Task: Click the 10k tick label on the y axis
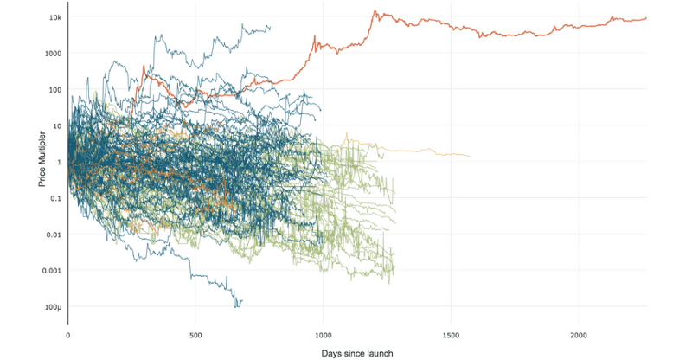(54, 17)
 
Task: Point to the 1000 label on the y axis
(52, 54)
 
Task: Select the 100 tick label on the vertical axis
(54, 90)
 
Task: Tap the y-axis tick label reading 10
(56, 126)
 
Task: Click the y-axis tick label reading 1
(59, 162)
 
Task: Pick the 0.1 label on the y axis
(54, 198)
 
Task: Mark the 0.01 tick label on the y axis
(53, 235)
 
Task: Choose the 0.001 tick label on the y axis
(50, 271)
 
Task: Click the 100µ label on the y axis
(51, 307)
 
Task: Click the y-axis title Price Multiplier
(42, 162)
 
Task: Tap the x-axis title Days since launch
(357, 352)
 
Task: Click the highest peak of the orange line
(375, 11)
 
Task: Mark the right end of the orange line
(646, 18)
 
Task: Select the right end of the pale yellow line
(469, 156)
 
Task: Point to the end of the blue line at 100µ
(241, 301)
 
